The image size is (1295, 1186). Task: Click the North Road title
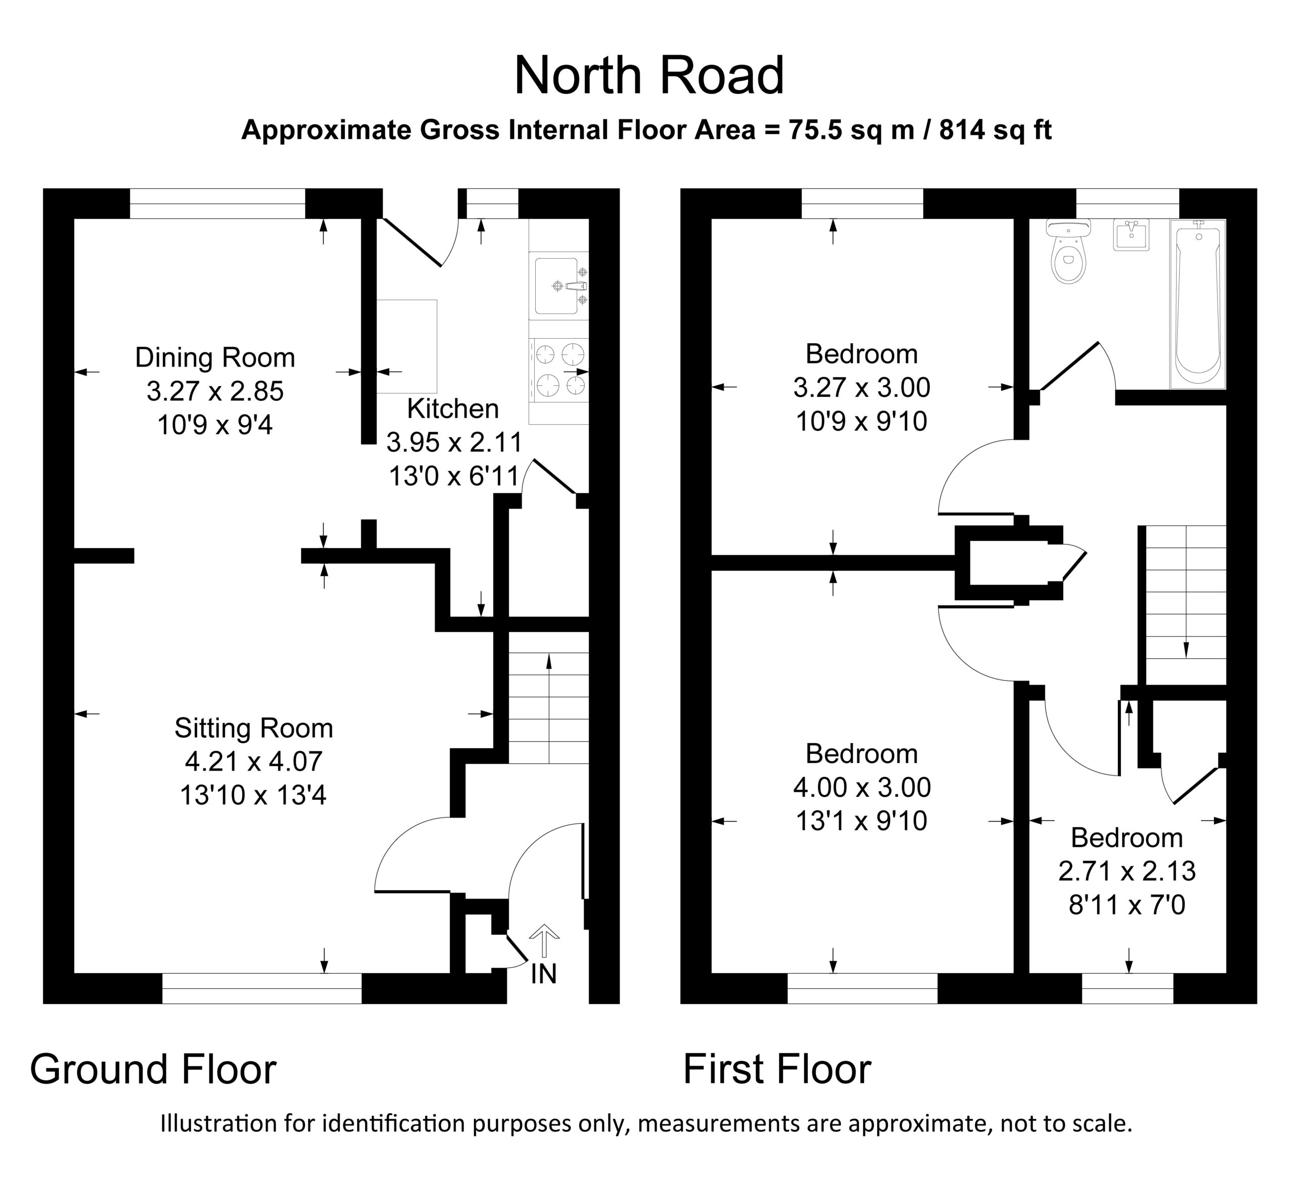tap(649, 75)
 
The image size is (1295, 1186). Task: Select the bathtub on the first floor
tap(1197, 304)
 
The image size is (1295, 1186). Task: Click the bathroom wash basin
tap(1131, 236)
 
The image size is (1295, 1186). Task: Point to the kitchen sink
tap(559, 286)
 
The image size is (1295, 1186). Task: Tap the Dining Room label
tap(215, 357)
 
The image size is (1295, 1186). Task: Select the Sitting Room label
tap(254, 728)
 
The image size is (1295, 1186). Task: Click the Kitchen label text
tap(453, 408)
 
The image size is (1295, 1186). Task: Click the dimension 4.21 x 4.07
tap(254, 761)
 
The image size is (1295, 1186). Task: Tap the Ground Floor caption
tap(153, 1069)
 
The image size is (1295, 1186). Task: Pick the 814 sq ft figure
tap(995, 130)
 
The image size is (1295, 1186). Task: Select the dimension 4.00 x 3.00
tap(862, 787)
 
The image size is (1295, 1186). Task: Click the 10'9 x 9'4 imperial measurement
tap(215, 425)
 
